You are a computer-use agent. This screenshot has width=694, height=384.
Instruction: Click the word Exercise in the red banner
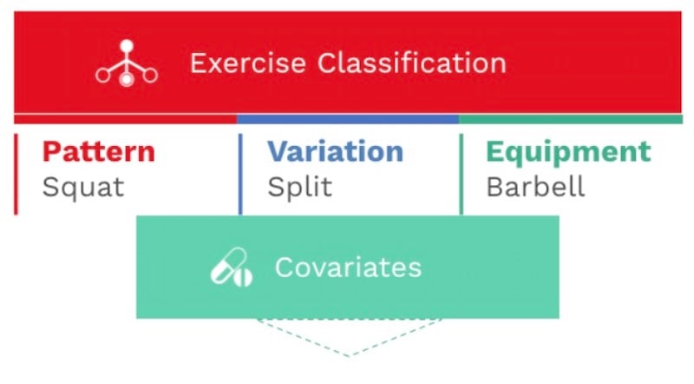point(248,63)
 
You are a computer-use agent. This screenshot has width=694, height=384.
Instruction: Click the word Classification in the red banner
point(411,63)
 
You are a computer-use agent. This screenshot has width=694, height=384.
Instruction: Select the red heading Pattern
point(99,152)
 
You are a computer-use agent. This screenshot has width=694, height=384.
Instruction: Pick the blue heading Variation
point(336,151)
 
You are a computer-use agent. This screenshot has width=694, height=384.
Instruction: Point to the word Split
point(300,187)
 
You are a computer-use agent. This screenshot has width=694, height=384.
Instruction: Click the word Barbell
point(535,186)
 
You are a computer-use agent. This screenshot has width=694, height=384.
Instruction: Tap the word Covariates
point(349,268)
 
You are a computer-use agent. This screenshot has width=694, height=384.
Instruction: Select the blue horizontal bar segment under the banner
point(348,119)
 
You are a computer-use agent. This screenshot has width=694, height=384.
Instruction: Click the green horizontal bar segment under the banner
point(571,119)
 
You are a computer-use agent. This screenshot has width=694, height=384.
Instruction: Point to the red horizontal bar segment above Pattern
point(126,119)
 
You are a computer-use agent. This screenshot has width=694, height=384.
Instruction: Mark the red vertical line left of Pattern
point(16,175)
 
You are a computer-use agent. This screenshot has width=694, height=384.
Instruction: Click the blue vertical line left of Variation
point(240,175)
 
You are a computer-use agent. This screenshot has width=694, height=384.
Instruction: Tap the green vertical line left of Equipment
point(462,175)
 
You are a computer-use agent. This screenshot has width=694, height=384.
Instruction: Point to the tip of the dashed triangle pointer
point(349,356)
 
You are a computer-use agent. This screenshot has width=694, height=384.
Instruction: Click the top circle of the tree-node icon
point(127,46)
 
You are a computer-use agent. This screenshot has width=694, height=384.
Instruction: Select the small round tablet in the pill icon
point(243,278)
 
